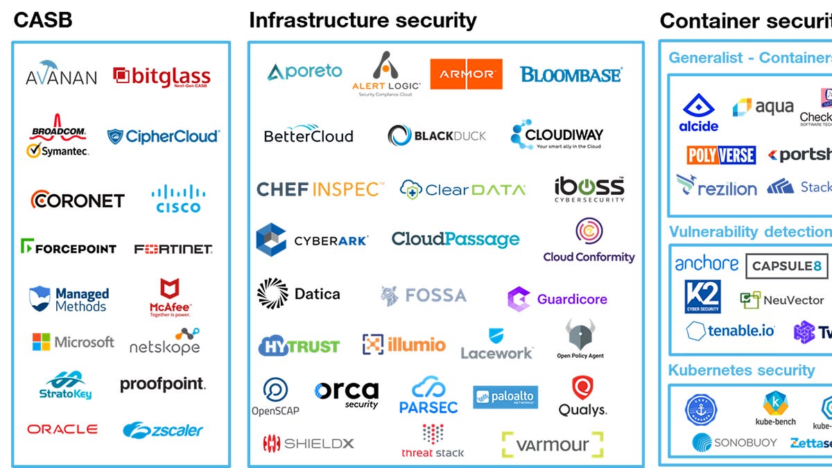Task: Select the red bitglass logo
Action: click(162, 77)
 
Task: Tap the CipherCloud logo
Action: click(163, 136)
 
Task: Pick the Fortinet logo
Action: click(173, 248)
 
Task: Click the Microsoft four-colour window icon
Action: click(42, 342)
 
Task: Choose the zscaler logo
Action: click(163, 430)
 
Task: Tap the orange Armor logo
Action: click(466, 74)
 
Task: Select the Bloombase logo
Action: click(571, 74)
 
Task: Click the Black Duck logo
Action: click(437, 135)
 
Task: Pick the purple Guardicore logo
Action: click(557, 300)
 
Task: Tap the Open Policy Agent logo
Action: click(580, 339)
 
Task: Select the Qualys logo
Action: click(582, 397)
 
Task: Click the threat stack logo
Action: click(433, 440)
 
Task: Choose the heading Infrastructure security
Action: click(363, 21)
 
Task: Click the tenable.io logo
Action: click(731, 331)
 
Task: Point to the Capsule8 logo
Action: click(786, 266)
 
